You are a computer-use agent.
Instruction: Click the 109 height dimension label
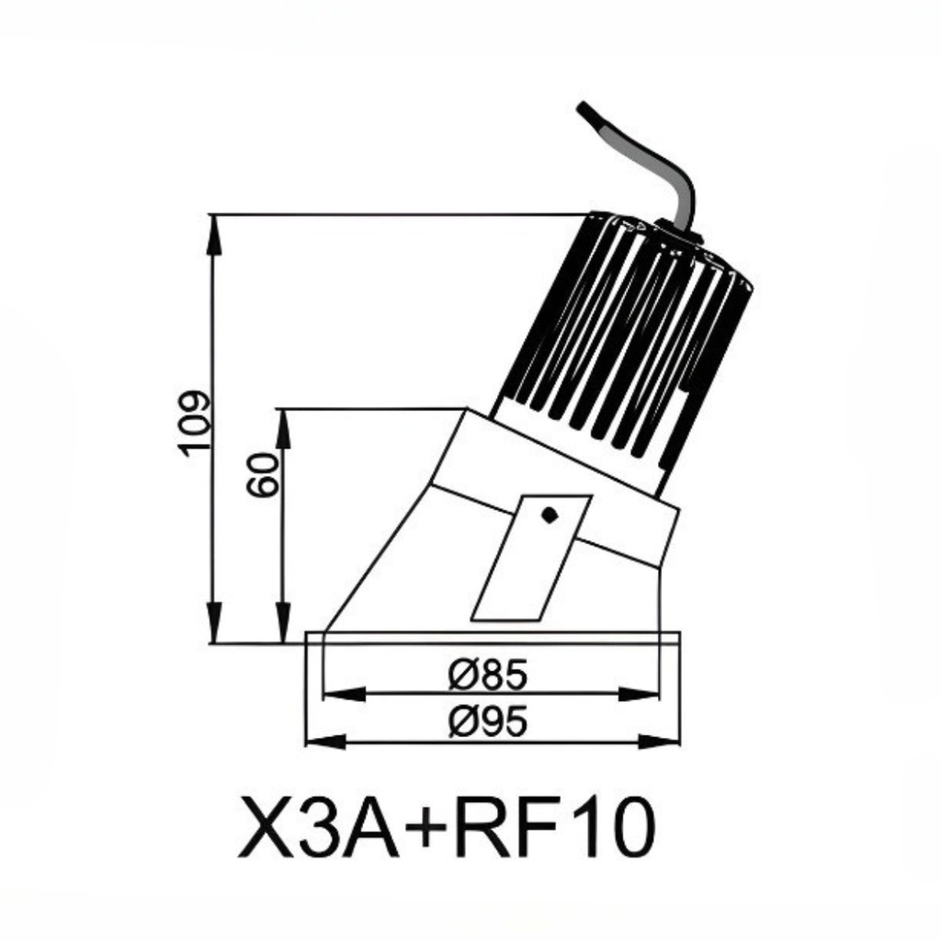tap(196, 423)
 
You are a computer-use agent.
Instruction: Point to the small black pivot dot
tap(550, 515)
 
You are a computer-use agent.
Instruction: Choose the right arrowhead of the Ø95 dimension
tap(665, 741)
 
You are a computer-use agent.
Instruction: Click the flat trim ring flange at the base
tap(493, 637)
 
